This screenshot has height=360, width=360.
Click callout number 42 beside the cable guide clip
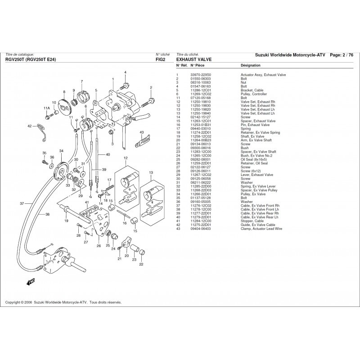coord(29,126)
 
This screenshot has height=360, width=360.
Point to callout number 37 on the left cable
coord(22,204)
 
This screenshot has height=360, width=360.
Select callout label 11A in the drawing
coord(46,108)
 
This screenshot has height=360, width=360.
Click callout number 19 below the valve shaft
coord(66,220)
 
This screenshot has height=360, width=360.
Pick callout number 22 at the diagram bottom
coord(141,264)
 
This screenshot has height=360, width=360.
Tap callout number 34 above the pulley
coord(61,151)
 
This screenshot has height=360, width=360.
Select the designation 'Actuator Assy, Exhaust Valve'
coord(263,75)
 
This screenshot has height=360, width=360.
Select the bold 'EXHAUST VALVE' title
coord(194,59)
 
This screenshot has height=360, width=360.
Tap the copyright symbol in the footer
coord(22,303)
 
